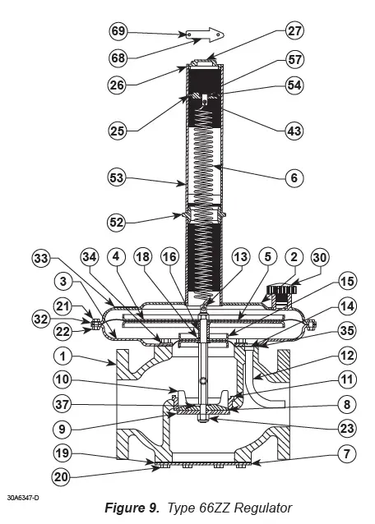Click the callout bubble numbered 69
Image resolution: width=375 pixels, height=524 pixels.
pos(119,34)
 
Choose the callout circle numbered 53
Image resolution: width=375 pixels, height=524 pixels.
pos(119,177)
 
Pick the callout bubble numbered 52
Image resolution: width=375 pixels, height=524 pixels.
pos(119,221)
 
